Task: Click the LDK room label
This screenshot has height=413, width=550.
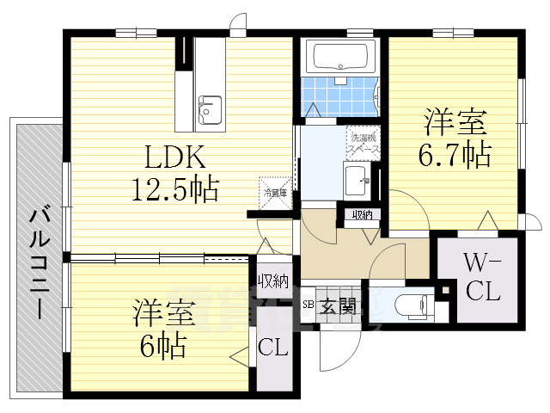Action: tap(174, 157)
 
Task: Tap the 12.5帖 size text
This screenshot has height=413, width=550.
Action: tap(174, 187)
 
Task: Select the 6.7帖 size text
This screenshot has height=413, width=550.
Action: tap(455, 154)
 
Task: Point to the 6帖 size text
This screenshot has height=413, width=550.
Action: tap(163, 345)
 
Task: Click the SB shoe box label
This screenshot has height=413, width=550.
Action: tap(308, 304)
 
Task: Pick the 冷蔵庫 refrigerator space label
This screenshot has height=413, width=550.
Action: tap(275, 194)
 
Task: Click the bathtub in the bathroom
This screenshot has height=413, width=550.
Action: tap(341, 57)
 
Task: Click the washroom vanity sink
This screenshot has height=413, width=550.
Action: tap(356, 181)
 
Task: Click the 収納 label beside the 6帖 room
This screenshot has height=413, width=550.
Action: tap(275, 280)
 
